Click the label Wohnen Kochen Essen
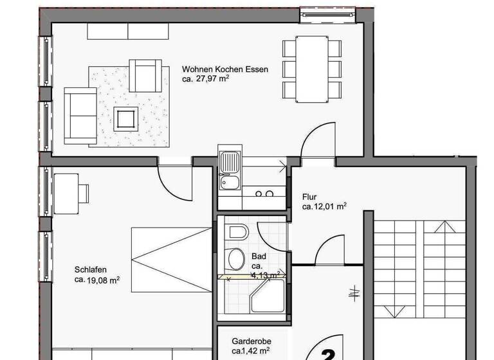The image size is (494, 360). pyautogui.click(x=224, y=69)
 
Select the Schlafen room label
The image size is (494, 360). pyautogui.click(x=89, y=270)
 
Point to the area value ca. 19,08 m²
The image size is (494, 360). pyautogui.click(x=97, y=280)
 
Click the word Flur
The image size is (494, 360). pyautogui.click(x=309, y=197)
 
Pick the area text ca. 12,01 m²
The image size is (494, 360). pyautogui.click(x=325, y=207)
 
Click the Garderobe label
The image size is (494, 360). pyautogui.click(x=250, y=342)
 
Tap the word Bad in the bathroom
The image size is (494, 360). pyautogui.click(x=259, y=256)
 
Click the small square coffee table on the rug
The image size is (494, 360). pyautogui.click(x=125, y=119)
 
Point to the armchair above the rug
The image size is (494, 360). pyautogui.click(x=145, y=75)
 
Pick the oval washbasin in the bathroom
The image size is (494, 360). pyautogui.click(x=235, y=258)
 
